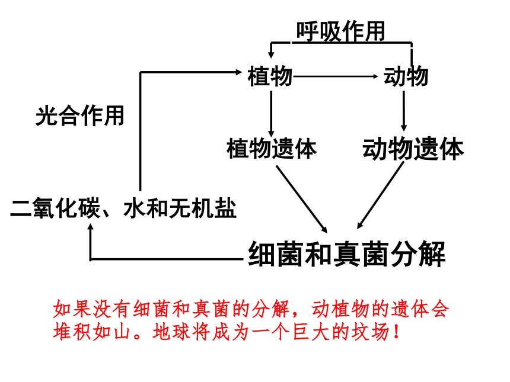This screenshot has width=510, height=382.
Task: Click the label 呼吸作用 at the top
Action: pos(340,31)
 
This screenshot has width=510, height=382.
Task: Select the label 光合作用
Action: pos(80,115)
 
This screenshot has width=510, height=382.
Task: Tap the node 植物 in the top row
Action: pos(270,76)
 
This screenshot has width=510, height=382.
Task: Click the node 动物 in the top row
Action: pos(406,76)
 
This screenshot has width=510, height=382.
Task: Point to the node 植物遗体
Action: pos(272,149)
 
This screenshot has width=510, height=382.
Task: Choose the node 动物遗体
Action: pos(413,149)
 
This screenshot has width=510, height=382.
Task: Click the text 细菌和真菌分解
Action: pos(347,254)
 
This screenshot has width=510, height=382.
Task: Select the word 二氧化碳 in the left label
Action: pos(55,208)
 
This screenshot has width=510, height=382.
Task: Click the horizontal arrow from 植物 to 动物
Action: pos(335,76)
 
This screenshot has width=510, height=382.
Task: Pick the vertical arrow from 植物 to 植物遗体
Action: pos(271,114)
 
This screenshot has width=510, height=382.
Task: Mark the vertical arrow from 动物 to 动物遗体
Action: pos(404,111)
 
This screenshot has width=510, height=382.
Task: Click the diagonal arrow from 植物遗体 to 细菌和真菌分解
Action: pos(301,199)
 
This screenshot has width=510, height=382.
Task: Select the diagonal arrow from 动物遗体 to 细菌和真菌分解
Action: pos(381,195)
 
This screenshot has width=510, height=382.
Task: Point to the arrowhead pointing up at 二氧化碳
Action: pos(91,227)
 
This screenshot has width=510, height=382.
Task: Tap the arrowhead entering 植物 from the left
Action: pos(239,72)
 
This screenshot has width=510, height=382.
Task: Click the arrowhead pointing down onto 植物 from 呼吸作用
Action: pos(270,54)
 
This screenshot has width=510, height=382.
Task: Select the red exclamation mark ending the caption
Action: pos(396,332)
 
